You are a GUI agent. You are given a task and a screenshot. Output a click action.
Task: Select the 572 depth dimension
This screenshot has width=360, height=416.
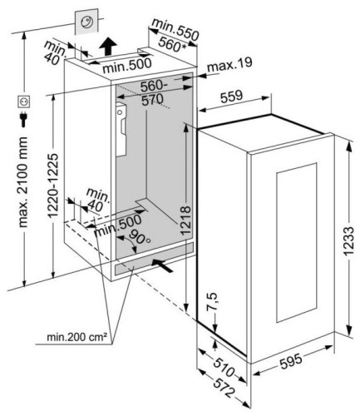point(224,388)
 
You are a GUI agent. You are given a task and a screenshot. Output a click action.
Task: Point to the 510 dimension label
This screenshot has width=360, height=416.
point(224,367)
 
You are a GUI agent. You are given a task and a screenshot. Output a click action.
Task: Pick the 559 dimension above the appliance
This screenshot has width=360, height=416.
point(231,96)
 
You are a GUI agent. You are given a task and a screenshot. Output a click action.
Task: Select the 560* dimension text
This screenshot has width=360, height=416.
point(172,44)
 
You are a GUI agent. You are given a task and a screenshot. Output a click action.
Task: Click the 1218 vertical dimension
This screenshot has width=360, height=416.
point(185,220)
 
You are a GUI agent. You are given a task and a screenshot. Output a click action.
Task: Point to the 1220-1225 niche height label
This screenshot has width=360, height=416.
point(52,186)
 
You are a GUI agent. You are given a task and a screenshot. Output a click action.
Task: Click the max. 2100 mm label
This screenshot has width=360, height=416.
point(22,182)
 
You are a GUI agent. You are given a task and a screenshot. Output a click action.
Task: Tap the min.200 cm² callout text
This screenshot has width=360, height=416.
point(76,337)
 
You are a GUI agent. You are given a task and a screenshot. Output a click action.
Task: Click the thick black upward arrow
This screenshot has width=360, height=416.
point(108,47)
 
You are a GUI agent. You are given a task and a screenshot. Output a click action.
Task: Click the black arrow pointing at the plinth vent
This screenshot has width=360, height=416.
point(162,265)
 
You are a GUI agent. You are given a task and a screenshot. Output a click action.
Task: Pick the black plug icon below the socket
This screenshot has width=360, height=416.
point(24,119)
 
